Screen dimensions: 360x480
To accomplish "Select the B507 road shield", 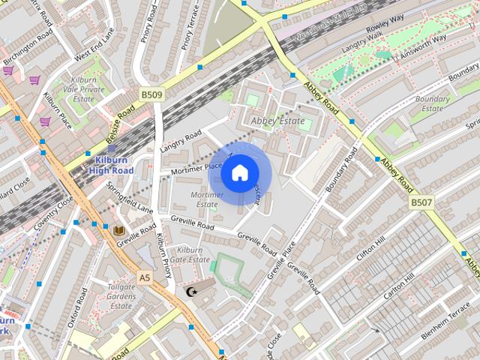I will point(421,202).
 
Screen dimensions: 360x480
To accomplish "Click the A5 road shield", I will point(145,277).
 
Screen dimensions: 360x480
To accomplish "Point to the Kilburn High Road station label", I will point(111,165).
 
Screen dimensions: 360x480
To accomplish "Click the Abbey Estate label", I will point(277,121).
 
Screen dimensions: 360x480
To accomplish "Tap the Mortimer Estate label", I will point(207,199).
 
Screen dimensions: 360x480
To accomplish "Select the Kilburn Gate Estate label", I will point(189,254).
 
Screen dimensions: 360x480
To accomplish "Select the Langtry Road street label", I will point(181,141).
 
